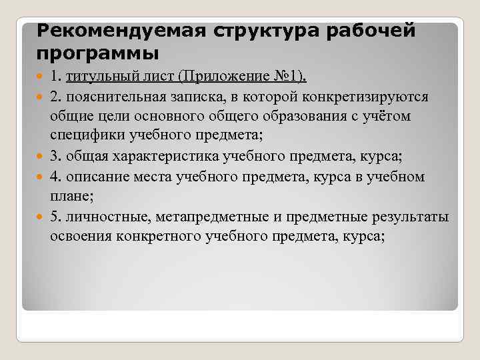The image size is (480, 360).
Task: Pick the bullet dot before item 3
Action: [41, 157]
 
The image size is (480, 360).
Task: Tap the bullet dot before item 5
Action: [41, 217]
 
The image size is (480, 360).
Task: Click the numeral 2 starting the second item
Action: [53, 97]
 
